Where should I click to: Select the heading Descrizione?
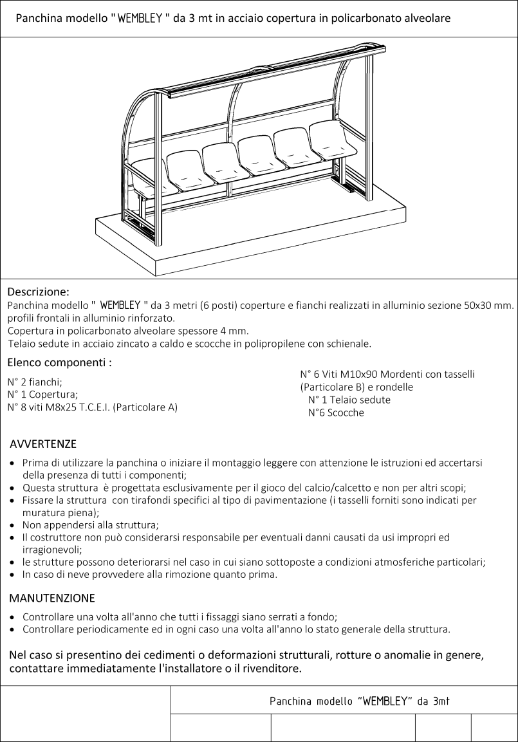[38, 292]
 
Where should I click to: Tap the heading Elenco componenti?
[59, 362]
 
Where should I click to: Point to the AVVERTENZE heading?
[43, 444]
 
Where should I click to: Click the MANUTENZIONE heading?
[52, 598]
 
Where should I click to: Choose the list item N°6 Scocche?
[336, 413]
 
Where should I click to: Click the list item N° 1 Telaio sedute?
[349, 400]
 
